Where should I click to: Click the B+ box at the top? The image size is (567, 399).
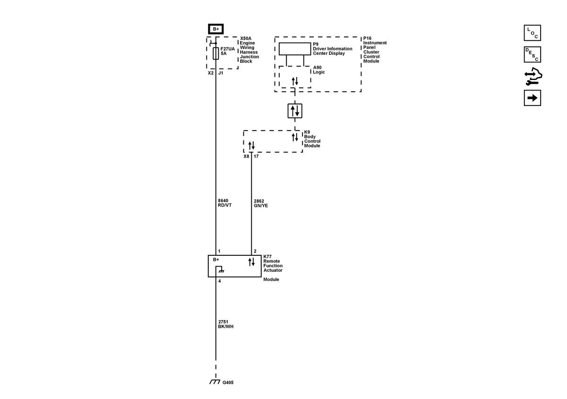tap(216, 29)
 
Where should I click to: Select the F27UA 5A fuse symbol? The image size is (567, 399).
tap(216, 53)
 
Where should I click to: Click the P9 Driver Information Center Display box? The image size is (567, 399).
tap(294, 49)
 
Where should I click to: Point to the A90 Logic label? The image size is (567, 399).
tap(319, 70)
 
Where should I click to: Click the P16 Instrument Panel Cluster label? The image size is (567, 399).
tap(375, 50)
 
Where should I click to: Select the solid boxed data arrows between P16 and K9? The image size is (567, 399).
tap(295, 111)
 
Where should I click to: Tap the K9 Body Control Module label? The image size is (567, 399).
tap(312, 139)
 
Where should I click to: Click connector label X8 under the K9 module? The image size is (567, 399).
tap(246, 156)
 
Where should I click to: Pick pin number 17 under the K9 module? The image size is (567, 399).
tap(256, 156)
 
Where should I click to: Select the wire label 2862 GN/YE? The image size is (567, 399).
tap(261, 203)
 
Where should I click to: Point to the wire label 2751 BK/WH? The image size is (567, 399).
tap(225, 324)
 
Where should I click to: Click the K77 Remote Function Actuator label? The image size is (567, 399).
tap(273, 263)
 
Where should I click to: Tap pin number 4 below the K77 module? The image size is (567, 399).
tap(219, 281)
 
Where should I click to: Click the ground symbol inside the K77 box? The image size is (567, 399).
tap(220, 271)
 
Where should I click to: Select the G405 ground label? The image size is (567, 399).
tap(228, 382)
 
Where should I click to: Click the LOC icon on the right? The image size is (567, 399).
tap(533, 33)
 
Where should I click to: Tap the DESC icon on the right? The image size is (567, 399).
tap(533, 54)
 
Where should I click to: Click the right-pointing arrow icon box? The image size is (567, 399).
tap(533, 98)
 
